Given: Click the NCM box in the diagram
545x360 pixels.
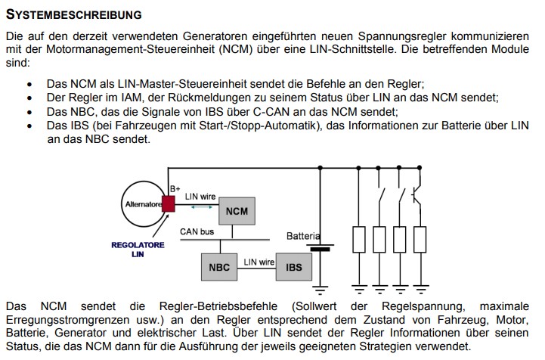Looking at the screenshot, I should (237, 209).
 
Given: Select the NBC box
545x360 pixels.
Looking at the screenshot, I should (219, 267).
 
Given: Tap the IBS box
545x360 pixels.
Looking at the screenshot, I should (293, 267).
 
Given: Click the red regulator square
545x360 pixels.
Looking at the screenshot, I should (168, 203).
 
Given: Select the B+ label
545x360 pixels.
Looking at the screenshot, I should (175, 188).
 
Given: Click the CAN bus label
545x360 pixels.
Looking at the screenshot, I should (197, 231).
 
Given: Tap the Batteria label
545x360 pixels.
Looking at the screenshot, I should (303, 237).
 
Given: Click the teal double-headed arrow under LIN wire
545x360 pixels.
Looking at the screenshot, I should (201, 206).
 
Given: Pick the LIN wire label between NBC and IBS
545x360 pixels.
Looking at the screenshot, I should (259, 262).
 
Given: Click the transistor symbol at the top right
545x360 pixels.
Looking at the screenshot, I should (416, 195).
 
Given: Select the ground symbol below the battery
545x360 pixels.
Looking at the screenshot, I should (323, 288).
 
